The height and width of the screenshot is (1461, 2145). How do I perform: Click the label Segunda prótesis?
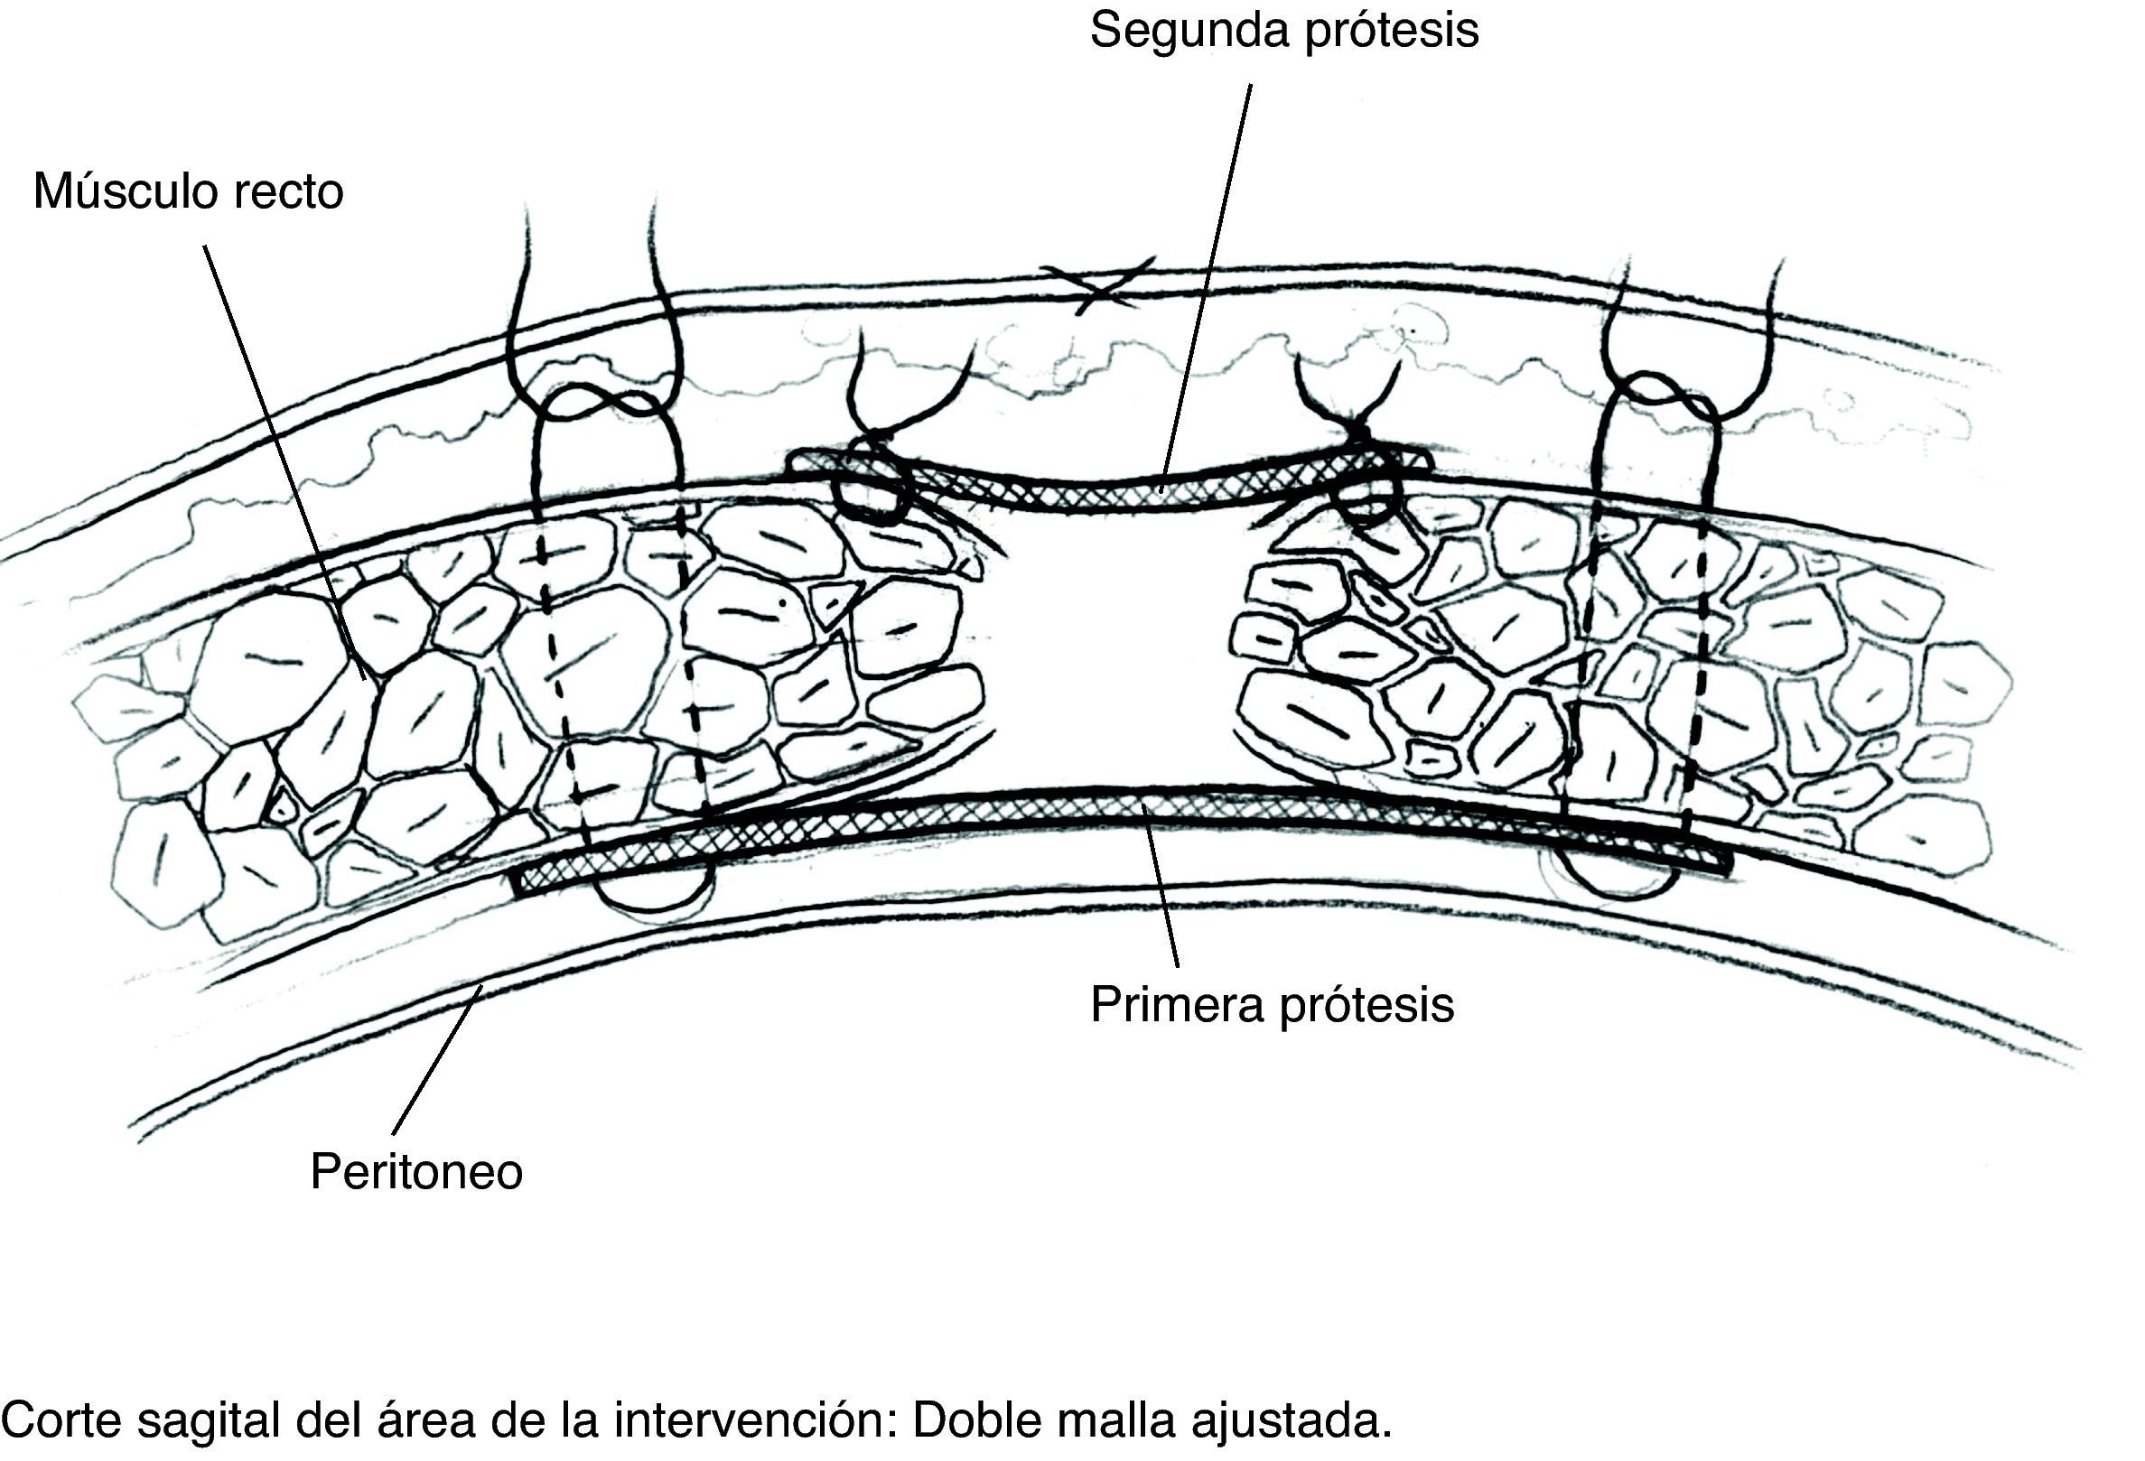tap(1284, 31)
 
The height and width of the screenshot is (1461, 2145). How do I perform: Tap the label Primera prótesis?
tap(1272, 1004)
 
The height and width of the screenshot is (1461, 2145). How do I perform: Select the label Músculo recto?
tap(188, 192)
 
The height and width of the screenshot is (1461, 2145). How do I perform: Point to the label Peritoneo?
tap(416, 1172)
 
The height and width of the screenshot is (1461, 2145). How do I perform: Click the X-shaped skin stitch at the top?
tap(1096, 284)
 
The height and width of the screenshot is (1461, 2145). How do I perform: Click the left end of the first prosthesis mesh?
tap(522, 881)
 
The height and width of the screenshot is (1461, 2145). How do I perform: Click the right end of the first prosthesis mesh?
tap(1724, 863)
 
